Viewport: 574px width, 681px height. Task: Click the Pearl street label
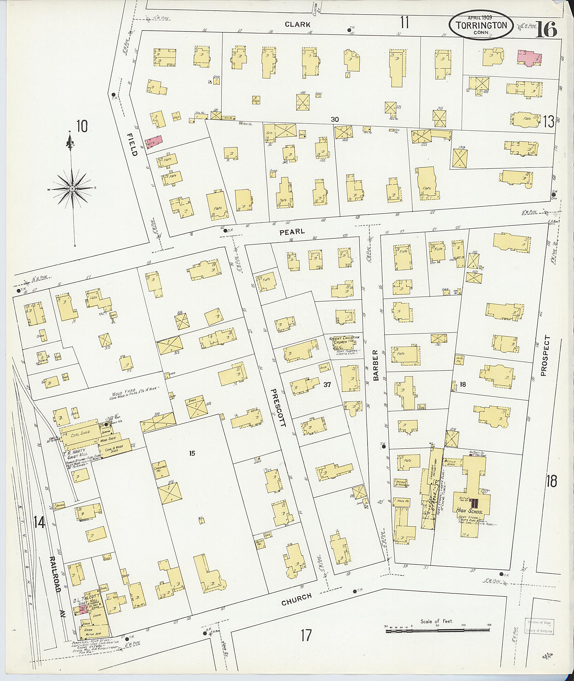(x=292, y=232)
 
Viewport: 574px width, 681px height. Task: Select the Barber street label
(x=376, y=365)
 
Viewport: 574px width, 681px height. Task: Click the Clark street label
(x=297, y=24)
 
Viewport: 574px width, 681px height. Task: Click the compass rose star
(x=72, y=189)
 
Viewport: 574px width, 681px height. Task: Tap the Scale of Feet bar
(x=438, y=631)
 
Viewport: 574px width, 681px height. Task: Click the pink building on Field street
(x=154, y=142)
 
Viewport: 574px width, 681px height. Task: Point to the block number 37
(x=327, y=384)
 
